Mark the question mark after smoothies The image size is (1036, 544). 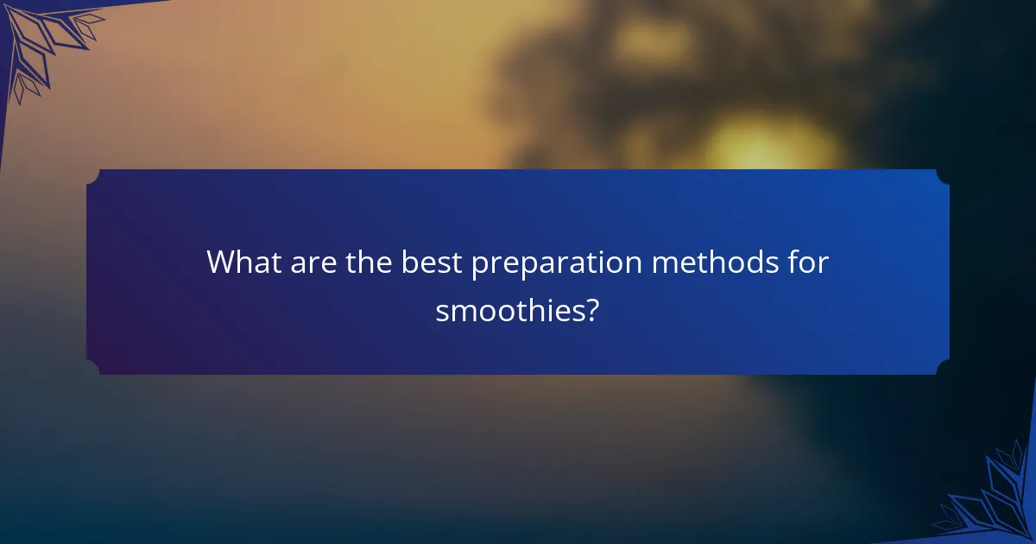(x=591, y=311)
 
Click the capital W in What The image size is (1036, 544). (x=220, y=263)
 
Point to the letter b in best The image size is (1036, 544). (x=407, y=263)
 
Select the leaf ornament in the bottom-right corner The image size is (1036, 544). (x=993, y=501)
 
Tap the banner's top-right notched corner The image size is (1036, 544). (x=943, y=176)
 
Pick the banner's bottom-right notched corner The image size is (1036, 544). (x=943, y=368)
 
